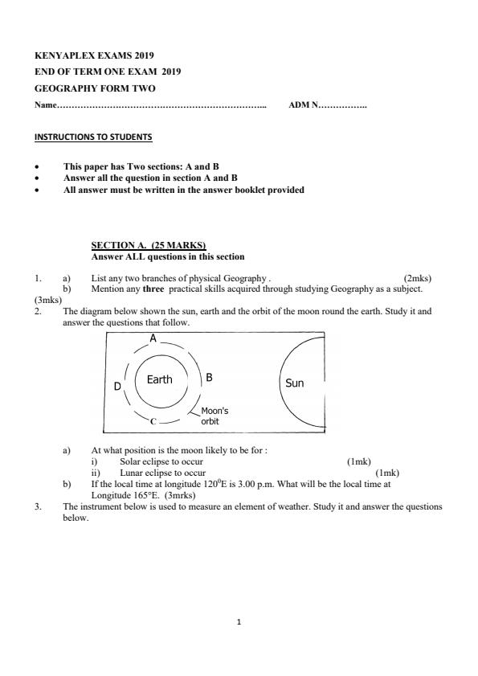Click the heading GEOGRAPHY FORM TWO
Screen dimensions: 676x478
coord(95,88)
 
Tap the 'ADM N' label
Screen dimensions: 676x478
coord(303,105)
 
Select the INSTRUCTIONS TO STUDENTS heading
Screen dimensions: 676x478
coord(92,137)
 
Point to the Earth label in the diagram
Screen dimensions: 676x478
coord(159,380)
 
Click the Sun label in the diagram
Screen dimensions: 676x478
coord(295,383)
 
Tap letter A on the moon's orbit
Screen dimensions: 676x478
coord(153,339)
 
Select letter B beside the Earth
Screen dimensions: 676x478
coord(209,376)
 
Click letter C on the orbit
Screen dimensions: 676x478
coord(153,420)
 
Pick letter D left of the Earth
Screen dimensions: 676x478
coord(116,387)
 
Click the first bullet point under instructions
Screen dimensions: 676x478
coord(37,167)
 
